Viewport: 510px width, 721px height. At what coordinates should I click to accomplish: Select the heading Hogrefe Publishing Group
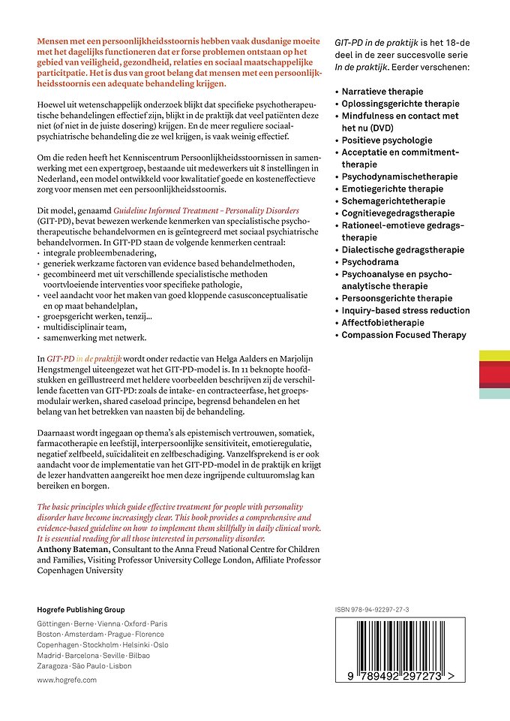click(81, 610)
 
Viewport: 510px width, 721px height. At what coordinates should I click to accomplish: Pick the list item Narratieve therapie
click(382, 92)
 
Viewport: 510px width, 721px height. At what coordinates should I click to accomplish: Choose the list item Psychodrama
click(373, 262)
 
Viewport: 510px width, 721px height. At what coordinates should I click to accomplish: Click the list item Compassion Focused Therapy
click(403, 335)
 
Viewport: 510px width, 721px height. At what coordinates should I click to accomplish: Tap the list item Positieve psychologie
click(387, 140)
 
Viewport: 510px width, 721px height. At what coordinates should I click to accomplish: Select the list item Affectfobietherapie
click(382, 323)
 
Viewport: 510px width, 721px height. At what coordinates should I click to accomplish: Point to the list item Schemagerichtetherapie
click(393, 201)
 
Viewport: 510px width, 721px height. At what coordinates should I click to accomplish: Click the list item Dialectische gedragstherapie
click(403, 250)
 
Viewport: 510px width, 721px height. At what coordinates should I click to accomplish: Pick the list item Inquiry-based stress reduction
click(406, 311)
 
